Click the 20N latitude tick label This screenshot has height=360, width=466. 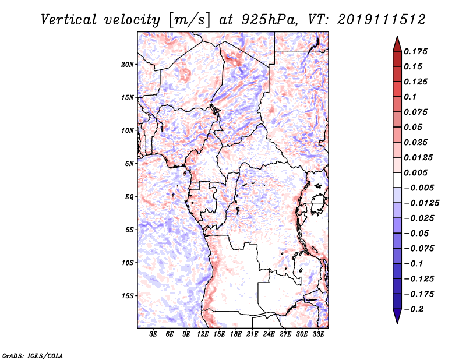click(x=128, y=64)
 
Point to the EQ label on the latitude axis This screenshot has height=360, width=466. click(x=129, y=197)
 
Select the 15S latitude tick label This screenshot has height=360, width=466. click(x=128, y=296)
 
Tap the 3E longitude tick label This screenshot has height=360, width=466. click(x=154, y=335)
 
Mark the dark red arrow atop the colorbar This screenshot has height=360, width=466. click(x=397, y=43)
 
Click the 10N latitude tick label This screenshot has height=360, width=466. click(x=128, y=130)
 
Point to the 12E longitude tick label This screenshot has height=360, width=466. click(x=203, y=335)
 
